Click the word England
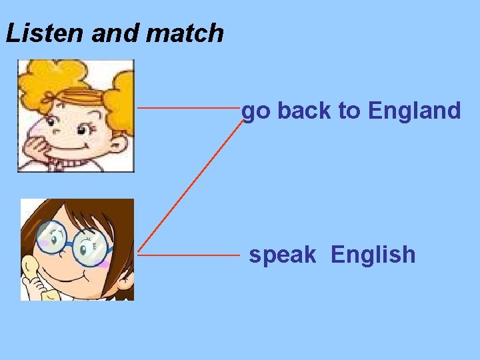tap(414, 111)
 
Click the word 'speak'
tap(283, 255)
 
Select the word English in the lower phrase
tap(373, 255)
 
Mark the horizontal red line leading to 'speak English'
tap(188, 254)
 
